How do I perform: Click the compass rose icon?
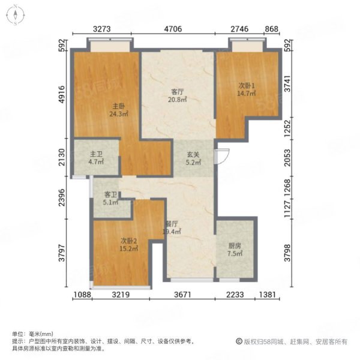coord(16,15)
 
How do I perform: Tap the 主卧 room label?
coord(118,106)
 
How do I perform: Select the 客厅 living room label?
coord(178,92)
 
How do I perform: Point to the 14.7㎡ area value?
coord(247,94)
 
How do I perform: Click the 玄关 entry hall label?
coord(193,155)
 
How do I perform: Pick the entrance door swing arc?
coord(224,157)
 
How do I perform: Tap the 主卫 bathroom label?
coord(96,154)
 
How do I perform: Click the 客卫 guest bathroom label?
coord(111,195)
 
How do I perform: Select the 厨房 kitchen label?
coord(235,246)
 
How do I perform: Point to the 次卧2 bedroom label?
coord(129,241)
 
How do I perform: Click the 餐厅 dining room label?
coord(172,224)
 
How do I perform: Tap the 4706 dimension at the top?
coord(173,29)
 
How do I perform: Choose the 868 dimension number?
coord(272,29)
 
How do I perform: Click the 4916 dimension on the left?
coord(62,95)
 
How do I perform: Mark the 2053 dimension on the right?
coord(287,158)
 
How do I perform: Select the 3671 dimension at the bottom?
coord(182,295)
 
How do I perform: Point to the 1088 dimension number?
coord(82,295)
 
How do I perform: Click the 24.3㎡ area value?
coord(118,114)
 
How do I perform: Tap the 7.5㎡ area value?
coord(235,253)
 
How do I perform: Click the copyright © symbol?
coord(239,341)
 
